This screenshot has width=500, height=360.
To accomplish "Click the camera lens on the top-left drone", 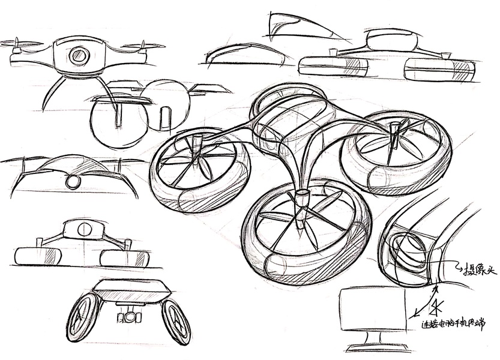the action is pos(79,56).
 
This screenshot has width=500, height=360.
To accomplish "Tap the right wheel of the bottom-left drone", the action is pos(176,321).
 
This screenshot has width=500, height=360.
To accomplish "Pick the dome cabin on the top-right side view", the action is pos(392,41).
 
